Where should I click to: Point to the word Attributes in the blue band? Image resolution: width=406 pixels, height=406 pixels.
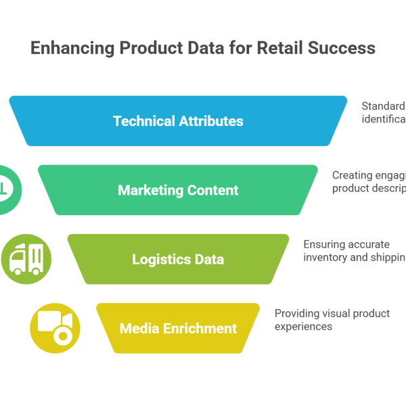coord(210,122)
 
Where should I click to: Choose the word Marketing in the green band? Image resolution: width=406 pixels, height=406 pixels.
coord(150,191)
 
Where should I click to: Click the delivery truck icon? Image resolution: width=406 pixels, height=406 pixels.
coord(26,258)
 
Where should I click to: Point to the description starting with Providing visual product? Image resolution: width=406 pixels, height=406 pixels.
coord(332,320)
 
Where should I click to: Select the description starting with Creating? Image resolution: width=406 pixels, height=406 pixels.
coord(368,182)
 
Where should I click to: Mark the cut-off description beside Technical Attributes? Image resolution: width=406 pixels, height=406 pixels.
coord(383,112)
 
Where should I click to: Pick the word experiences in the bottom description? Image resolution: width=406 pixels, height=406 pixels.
coord(303,326)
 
